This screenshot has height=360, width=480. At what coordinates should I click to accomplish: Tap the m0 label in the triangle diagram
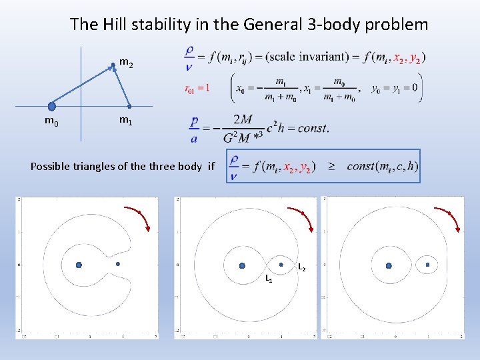(x=51, y=121)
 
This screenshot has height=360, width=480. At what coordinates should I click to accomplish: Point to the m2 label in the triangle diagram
(x=125, y=63)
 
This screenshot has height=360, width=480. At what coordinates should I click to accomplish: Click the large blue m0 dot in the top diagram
(x=51, y=106)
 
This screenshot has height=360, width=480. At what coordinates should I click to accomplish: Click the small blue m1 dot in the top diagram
(x=129, y=106)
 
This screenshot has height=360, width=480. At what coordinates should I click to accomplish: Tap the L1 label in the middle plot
(x=268, y=277)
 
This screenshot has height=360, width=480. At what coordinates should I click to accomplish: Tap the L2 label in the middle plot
(x=302, y=267)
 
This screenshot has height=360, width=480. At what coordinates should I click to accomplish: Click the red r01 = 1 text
(x=197, y=87)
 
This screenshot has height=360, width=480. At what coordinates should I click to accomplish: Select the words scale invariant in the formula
(x=307, y=57)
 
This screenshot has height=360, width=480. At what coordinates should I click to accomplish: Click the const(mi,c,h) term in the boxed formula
(x=382, y=166)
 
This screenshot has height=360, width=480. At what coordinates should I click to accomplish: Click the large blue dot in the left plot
(x=79, y=265)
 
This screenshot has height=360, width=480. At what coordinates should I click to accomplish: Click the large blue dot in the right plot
(x=389, y=265)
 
